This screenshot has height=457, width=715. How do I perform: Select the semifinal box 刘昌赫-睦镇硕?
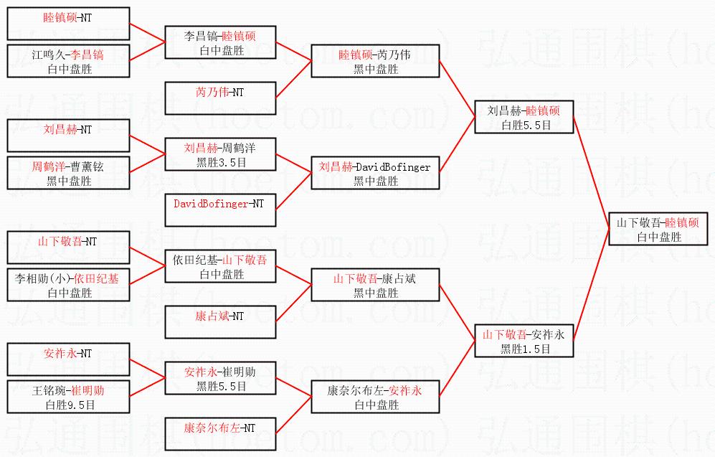click(525, 117)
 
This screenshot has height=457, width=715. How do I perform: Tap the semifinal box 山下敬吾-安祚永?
click(525, 341)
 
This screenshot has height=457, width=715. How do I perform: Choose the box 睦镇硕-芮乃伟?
click(375, 61)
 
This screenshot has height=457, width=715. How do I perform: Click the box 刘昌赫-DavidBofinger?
click(375, 173)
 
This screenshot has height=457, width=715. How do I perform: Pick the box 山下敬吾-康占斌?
click(375, 285)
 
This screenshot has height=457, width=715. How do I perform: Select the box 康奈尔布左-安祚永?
click(375, 397)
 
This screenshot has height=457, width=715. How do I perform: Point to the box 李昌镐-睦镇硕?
click(219, 42)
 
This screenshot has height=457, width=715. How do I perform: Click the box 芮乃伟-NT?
click(219, 98)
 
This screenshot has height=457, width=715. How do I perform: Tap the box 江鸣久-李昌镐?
click(69, 61)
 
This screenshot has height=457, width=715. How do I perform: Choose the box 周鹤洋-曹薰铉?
click(69, 173)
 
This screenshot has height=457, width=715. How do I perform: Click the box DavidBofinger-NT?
click(219, 210)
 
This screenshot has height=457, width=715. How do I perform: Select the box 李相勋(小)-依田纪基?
click(69, 285)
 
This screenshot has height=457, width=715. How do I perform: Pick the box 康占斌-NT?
click(219, 322)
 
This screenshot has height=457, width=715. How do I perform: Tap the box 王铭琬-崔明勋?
click(69, 397)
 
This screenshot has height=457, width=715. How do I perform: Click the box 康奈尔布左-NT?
click(219, 434)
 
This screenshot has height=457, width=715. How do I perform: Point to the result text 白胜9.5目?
click(70, 405)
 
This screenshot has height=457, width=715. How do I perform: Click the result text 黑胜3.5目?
click(220, 162)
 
